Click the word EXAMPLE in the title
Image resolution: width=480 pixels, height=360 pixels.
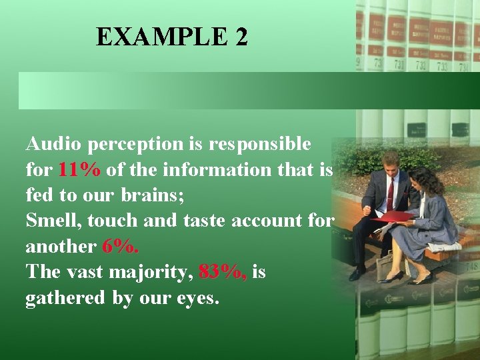(161, 37)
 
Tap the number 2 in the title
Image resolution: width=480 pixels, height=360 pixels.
(241, 37)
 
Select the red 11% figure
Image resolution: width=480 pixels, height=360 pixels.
(79, 170)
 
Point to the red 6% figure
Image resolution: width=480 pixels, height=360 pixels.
(121, 247)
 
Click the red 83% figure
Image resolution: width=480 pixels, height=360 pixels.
(223, 273)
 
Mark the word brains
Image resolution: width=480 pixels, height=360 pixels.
(156, 196)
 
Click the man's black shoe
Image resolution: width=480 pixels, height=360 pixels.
(357, 273)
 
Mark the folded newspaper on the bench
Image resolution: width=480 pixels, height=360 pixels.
(444, 246)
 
